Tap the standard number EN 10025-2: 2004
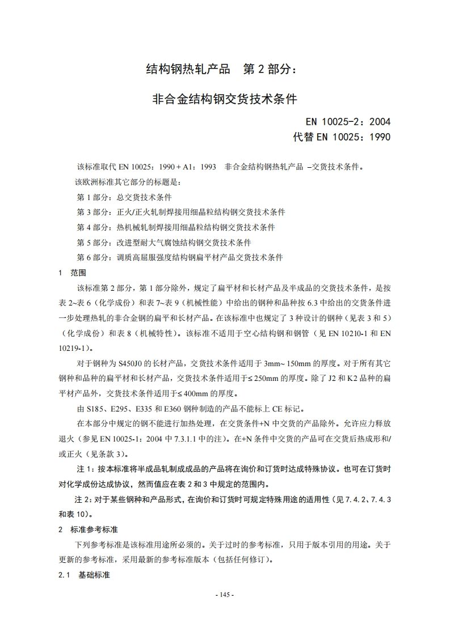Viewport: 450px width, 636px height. point(348,121)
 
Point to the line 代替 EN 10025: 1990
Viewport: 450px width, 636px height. point(342,137)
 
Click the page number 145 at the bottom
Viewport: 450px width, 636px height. point(225,595)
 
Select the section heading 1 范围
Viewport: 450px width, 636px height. point(72,272)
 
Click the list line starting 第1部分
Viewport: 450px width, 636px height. point(124,198)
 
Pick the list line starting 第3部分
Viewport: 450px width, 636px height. point(180,213)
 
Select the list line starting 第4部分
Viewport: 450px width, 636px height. point(175,227)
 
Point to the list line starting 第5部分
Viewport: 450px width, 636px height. point(163,243)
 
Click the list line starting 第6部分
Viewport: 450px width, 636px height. point(179,257)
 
